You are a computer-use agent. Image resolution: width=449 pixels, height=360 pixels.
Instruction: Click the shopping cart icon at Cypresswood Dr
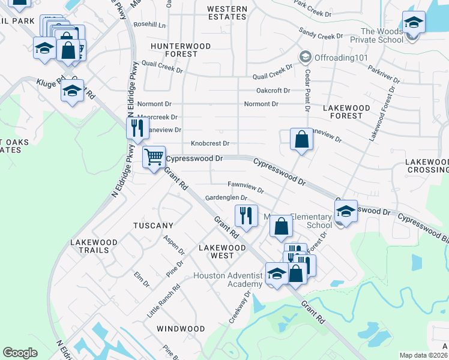[154, 157]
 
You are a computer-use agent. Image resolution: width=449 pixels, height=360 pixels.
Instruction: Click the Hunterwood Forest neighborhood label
[174, 50]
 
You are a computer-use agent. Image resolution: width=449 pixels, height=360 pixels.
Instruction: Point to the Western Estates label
[227, 13]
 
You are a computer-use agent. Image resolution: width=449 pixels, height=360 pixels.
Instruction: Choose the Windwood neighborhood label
[181, 329]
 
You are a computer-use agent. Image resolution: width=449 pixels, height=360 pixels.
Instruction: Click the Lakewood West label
[222, 251]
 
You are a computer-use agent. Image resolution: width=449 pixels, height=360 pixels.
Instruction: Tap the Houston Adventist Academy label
[228, 280]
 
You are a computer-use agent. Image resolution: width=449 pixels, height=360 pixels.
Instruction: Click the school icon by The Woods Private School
[413, 23]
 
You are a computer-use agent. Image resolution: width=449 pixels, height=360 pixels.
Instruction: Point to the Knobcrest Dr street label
[210, 143]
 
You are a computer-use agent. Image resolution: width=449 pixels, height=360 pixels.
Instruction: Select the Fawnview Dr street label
[246, 187]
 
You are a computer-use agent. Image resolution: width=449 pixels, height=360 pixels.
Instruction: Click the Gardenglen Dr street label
[226, 197]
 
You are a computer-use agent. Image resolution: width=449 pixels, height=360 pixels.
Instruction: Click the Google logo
[20, 353]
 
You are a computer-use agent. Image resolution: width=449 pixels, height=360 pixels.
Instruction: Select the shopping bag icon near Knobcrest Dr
[301, 139]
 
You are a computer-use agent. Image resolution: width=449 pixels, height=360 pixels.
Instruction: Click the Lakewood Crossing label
[427, 166]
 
